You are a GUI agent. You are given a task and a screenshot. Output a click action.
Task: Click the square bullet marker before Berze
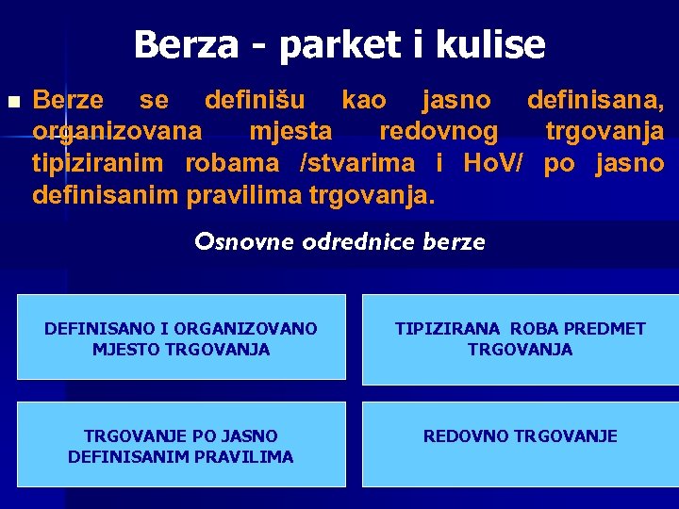click(12, 101)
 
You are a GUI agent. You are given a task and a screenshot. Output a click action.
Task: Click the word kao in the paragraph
click(362, 99)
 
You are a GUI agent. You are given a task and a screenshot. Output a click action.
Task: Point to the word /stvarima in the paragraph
click(356, 163)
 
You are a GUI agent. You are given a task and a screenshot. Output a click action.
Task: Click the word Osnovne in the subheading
click(244, 242)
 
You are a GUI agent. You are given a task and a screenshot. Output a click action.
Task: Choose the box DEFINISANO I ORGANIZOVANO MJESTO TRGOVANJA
click(181, 339)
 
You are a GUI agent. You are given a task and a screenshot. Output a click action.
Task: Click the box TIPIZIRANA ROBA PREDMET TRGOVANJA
click(520, 339)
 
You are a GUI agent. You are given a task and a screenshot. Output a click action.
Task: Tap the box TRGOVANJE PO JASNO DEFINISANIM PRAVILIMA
click(181, 446)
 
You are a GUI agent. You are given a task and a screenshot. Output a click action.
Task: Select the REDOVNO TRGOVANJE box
click(520, 444)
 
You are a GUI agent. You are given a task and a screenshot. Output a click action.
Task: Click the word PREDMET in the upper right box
click(605, 329)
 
